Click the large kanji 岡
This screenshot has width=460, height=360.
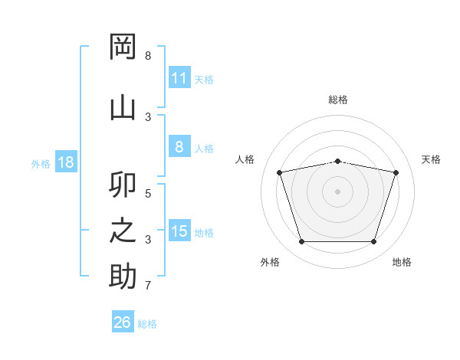coord(123,47)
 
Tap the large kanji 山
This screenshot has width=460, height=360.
coord(123,109)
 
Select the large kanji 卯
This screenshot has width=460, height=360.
coord(123,185)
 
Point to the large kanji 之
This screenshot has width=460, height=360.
coord(123,231)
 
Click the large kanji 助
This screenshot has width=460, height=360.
coord(123,276)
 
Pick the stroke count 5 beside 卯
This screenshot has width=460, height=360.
coord(148,194)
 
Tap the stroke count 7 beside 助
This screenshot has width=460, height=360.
coord(148,285)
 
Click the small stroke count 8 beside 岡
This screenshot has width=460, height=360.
coord(148,55)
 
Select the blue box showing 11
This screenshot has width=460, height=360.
coord(179,77)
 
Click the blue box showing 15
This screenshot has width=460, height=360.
coord(179,230)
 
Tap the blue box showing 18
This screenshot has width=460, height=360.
coord(66,162)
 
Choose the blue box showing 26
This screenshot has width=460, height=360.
coord(123,321)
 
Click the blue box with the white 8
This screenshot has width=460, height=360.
coord(179,146)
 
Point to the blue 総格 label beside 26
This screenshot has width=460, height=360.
coord(147,324)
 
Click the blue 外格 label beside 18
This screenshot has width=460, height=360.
coord(41,164)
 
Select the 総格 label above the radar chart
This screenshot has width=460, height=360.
coord(338,100)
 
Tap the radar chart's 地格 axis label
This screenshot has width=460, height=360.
coord(402,262)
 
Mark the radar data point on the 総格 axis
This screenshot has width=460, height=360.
coord(337,162)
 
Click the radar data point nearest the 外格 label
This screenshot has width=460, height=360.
coord(301,241)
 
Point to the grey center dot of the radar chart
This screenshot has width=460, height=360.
coord(337,191)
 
